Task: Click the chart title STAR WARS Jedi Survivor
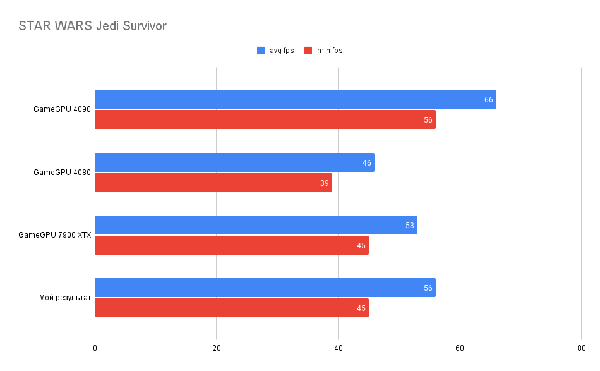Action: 92,26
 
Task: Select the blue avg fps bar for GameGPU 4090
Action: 295,99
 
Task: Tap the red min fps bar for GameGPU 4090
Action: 265,119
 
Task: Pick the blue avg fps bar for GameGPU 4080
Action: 234,162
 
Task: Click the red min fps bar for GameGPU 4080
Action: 213,183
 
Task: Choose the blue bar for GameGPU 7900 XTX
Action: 256,225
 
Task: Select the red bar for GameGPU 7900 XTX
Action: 231,245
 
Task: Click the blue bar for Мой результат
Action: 265,288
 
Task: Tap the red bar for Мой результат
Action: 231,308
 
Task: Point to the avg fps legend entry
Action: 275,51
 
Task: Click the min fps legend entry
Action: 323,51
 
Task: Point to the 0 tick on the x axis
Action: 95,348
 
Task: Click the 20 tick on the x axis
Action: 217,348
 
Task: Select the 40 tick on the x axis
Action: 338,348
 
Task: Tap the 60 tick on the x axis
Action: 460,348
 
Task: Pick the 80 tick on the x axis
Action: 581,348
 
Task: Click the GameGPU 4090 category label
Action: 63,109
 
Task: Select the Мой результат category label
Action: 65,298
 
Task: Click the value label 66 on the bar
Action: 488,100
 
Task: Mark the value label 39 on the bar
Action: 325,183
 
